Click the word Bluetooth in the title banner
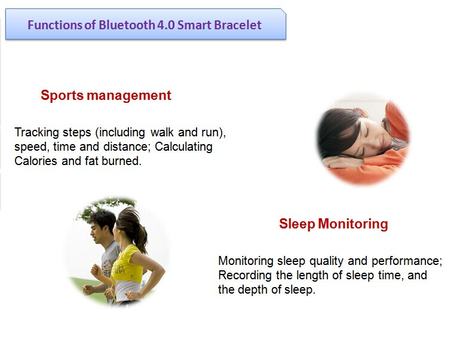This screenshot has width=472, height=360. pos(127,25)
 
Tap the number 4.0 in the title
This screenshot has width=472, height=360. pos(166,25)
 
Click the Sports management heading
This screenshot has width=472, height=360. pos(106,96)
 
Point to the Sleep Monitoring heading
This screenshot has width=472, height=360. pos(333,224)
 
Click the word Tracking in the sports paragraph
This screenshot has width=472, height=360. pos(36,133)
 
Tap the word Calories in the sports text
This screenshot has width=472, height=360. pos(35,161)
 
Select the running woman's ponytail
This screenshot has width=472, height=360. pos(139,232)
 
